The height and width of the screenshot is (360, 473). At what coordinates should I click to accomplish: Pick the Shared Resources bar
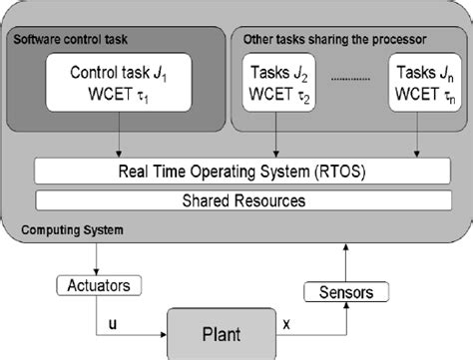236,199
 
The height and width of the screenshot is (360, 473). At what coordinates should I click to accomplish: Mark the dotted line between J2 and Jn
347,82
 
